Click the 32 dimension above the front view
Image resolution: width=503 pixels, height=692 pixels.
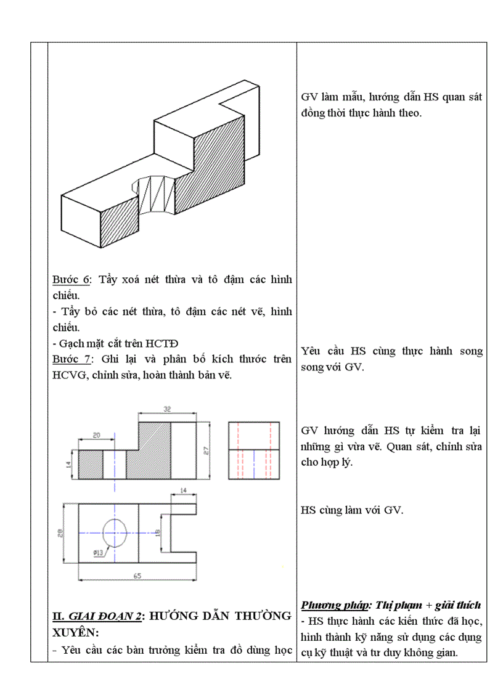167,409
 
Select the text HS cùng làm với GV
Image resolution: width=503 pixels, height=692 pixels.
351,510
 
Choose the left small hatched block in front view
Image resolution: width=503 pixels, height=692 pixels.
91,465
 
